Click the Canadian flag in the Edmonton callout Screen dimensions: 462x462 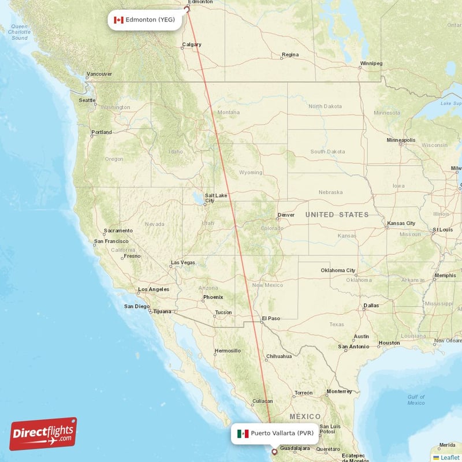pyautogui.click(x=118, y=20)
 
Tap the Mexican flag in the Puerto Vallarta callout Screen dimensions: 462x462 pyautogui.click(x=243, y=433)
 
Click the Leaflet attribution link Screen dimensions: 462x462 pyautogui.click(x=446, y=457)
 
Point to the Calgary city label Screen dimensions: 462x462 pyautogui.click(x=192, y=44)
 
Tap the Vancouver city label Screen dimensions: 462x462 pyautogui.click(x=99, y=74)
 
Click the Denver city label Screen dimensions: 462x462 pyautogui.click(x=286, y=215)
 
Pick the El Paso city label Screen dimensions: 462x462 pyautogui.click(x=270, y=318)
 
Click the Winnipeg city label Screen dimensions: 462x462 pyautogui.click(x=371, y=63)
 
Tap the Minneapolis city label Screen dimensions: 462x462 pyautogui.click(x=401, y=140)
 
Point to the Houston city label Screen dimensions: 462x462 pyautogui.click(x=389, y=343)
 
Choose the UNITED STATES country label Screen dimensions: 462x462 pyautogui.click(x=337, y=215)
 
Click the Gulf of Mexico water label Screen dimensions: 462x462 pyautogui.click(x=416, y=400)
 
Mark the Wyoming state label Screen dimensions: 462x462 pyautogui.click(x=251, y=172)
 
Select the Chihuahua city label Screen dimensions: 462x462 pyautogui.click(x=278, y=356)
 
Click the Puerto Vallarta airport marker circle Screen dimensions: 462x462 pyautogui.click(x=274, y=452)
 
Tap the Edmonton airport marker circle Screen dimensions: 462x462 pyautogui.click(x=187, y=9)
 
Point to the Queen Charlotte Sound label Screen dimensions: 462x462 pyautogui.click(x=20, y=32)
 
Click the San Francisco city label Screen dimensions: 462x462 pyautogui.click(x=111, y=241)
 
